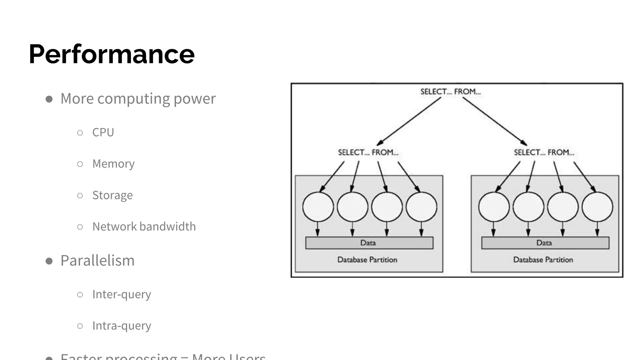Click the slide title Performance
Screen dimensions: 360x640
coord(112,54)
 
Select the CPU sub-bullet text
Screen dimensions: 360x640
coord(103,132)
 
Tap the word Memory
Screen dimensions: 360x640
coord(113,164)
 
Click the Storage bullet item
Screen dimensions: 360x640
coord(112,195)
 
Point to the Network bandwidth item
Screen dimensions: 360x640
coord(144,227)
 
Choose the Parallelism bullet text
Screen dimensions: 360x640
coord(97,261)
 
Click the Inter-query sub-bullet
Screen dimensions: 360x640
coord(122,294)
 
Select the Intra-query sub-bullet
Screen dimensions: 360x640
coord(122,326)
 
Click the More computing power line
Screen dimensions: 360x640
coord(138,99)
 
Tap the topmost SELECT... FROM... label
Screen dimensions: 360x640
coord(450,92)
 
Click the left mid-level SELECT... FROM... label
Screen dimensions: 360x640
coord(368,152)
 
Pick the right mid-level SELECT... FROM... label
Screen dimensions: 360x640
coord(544,152)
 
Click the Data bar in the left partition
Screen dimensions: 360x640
coord(369,243)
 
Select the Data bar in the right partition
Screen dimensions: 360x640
coord(545,243)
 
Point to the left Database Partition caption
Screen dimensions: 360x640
coord(367,260)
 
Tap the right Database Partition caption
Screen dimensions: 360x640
coord(543,260)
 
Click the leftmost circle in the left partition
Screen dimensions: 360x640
coord(318,207)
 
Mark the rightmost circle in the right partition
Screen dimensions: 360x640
coord(597,207)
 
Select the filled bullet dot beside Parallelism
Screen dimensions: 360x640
coord(49,261)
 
